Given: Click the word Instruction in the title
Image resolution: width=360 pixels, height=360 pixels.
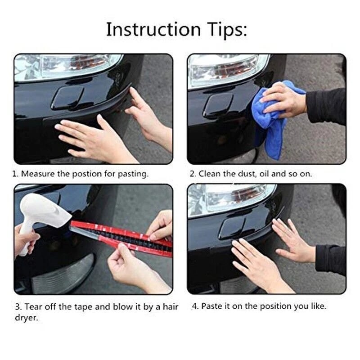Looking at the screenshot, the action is click(x=153, y=29).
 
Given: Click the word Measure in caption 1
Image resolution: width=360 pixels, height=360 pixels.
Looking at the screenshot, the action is click(x=38, y=174).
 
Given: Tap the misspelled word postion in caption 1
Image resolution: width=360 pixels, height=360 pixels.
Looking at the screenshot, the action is click(x=87, y=174).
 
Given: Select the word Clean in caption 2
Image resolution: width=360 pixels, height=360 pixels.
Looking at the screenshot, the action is click(x=209, y=174).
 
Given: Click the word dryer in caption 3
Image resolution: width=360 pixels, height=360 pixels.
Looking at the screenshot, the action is click(x=26, y=318).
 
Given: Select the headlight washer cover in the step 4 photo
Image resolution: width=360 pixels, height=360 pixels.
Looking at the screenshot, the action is click(x=232, y=227).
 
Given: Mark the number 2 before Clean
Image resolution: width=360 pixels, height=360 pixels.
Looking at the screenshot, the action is click(x=192, y=174).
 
